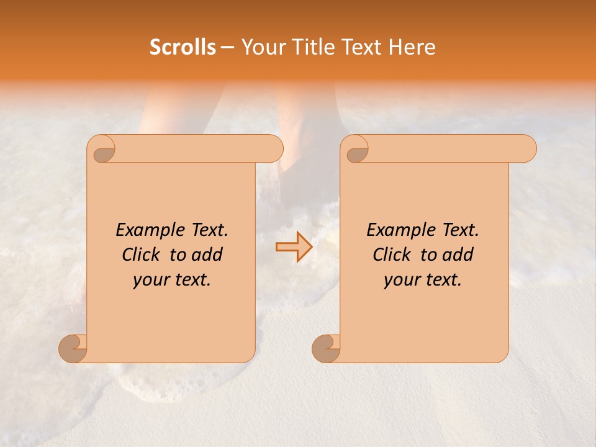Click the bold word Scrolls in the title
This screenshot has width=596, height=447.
(183, 47)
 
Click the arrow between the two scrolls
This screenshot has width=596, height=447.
(293, 247)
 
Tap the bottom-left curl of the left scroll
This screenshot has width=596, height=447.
(73, 348)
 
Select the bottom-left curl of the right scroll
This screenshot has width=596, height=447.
(327, 348)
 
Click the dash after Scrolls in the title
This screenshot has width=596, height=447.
(227, 47)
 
